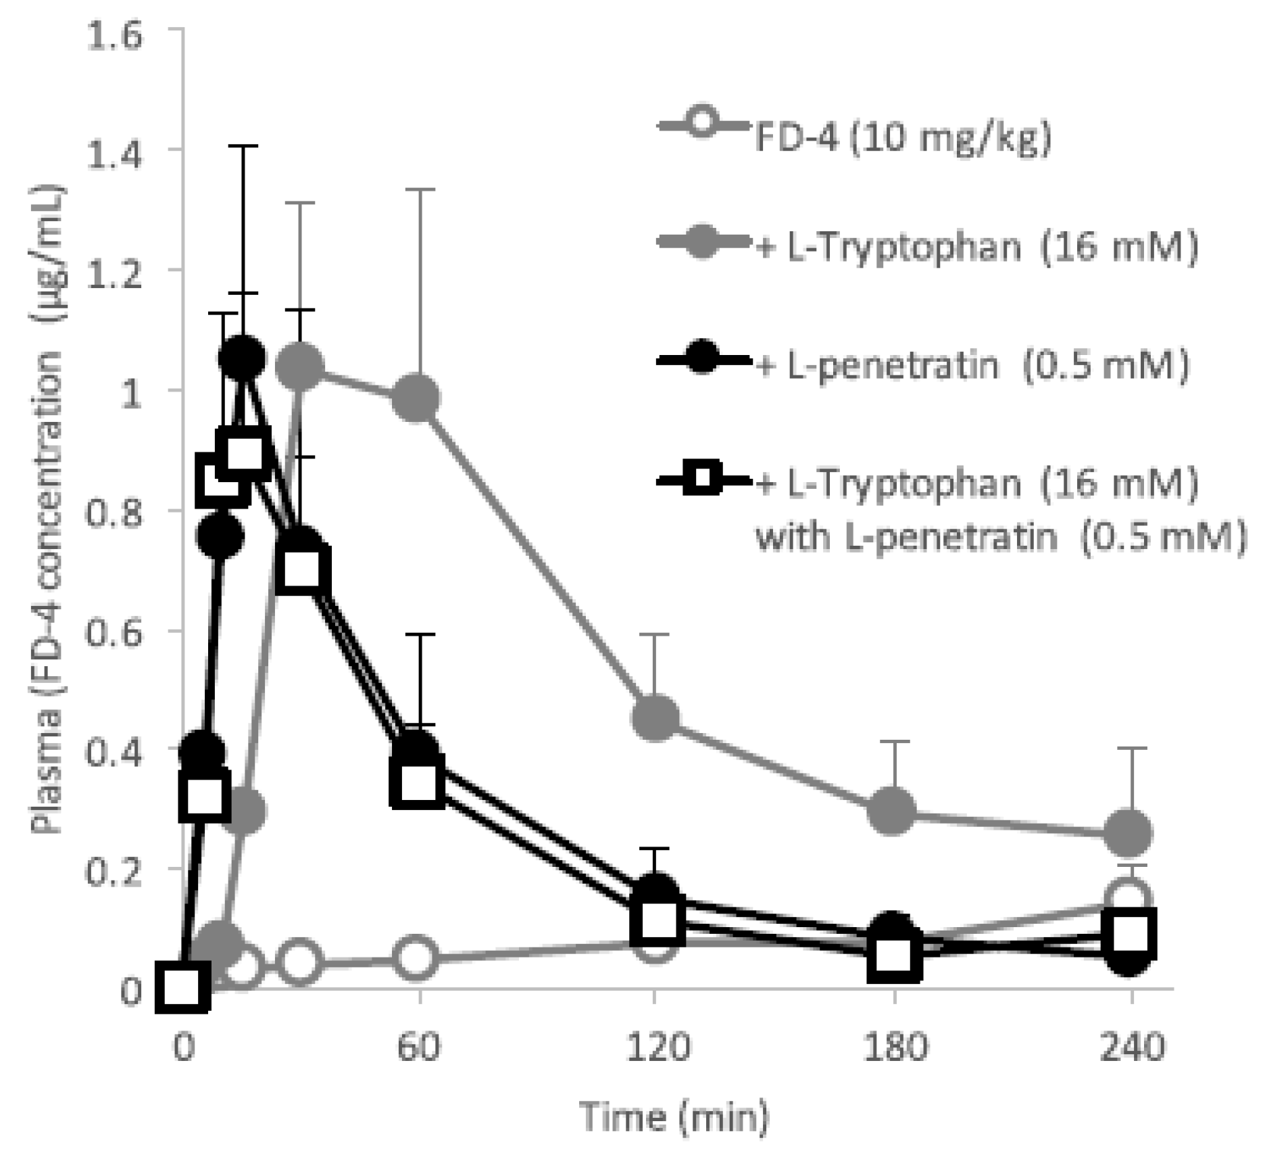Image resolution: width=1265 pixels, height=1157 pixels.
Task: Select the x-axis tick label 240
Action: click(1131, 1047)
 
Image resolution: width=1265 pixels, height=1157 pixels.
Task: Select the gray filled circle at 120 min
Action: click(655, 716)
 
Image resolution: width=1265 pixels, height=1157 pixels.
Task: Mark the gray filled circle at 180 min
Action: click(893, 809)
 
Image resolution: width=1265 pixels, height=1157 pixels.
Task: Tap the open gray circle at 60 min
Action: click(415, 958)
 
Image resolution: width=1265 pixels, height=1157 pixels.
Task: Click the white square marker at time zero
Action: click(182, 988)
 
